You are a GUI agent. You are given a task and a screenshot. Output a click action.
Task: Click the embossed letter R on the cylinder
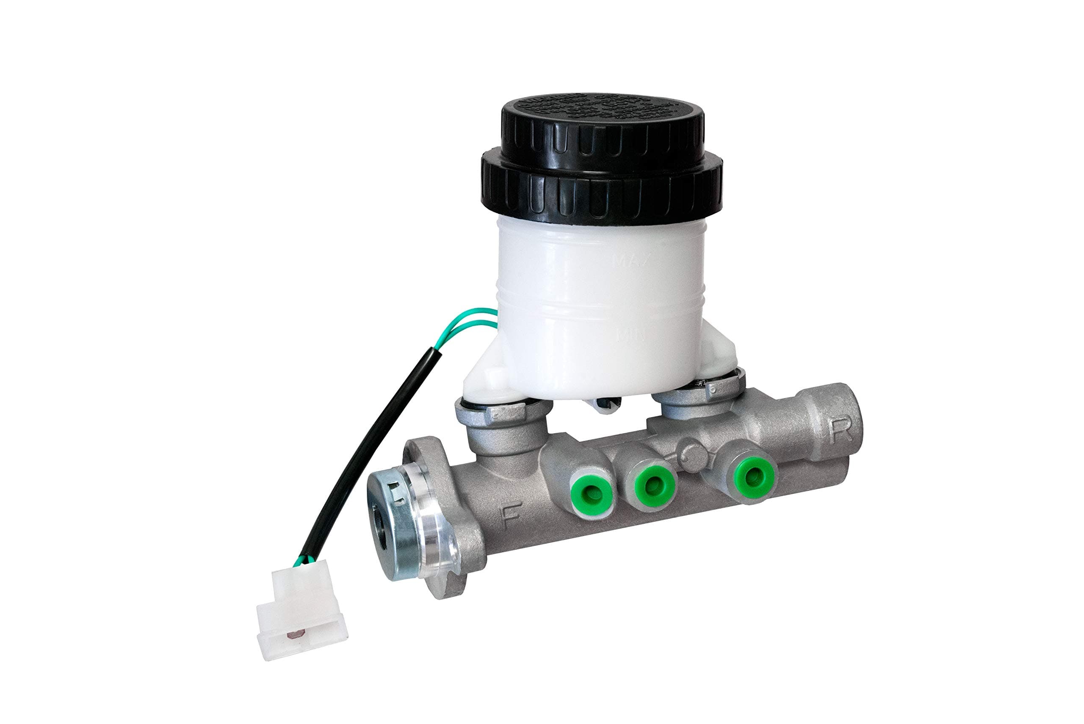841,432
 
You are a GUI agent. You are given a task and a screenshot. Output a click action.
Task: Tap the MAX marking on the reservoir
631,260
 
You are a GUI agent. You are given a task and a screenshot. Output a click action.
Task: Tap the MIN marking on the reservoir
631,333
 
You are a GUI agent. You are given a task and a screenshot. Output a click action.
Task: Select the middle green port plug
651,485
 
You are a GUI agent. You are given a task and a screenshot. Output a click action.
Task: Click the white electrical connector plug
302,610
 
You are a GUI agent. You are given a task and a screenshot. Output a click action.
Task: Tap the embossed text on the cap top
600,109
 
